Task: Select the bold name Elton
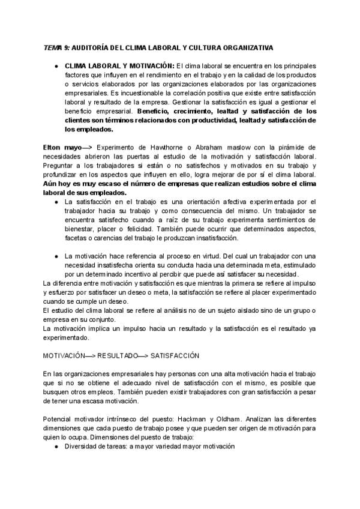(52, 147)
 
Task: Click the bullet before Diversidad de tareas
(55, 447)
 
